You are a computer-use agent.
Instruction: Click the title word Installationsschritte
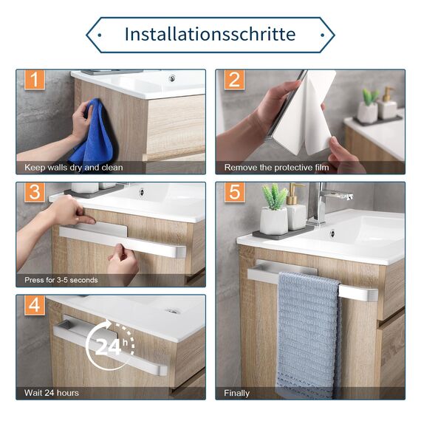coord(210,35)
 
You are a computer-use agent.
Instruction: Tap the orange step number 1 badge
coord(35,80)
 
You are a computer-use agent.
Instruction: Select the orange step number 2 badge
coord(234,80)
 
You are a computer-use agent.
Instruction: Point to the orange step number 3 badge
coord(35,192)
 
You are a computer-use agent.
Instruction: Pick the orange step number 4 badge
coord(35,305)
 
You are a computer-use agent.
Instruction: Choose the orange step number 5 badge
coord(234,192)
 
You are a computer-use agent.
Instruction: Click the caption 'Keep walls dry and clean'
coord(74,168)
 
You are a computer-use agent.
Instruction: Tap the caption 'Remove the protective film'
coord(276,168)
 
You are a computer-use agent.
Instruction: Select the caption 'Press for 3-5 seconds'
coord(61,280)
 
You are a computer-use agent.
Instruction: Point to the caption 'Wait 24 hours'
coord(52,393)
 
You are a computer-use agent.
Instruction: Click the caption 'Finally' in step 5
coord(236,394)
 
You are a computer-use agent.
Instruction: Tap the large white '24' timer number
coord(108,346)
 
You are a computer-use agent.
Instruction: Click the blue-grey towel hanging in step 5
coord(308,335)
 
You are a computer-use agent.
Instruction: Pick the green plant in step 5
coord(274,196)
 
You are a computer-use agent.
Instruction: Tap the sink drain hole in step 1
coord(171,79)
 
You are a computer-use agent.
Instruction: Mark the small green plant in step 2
coord(371,95)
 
